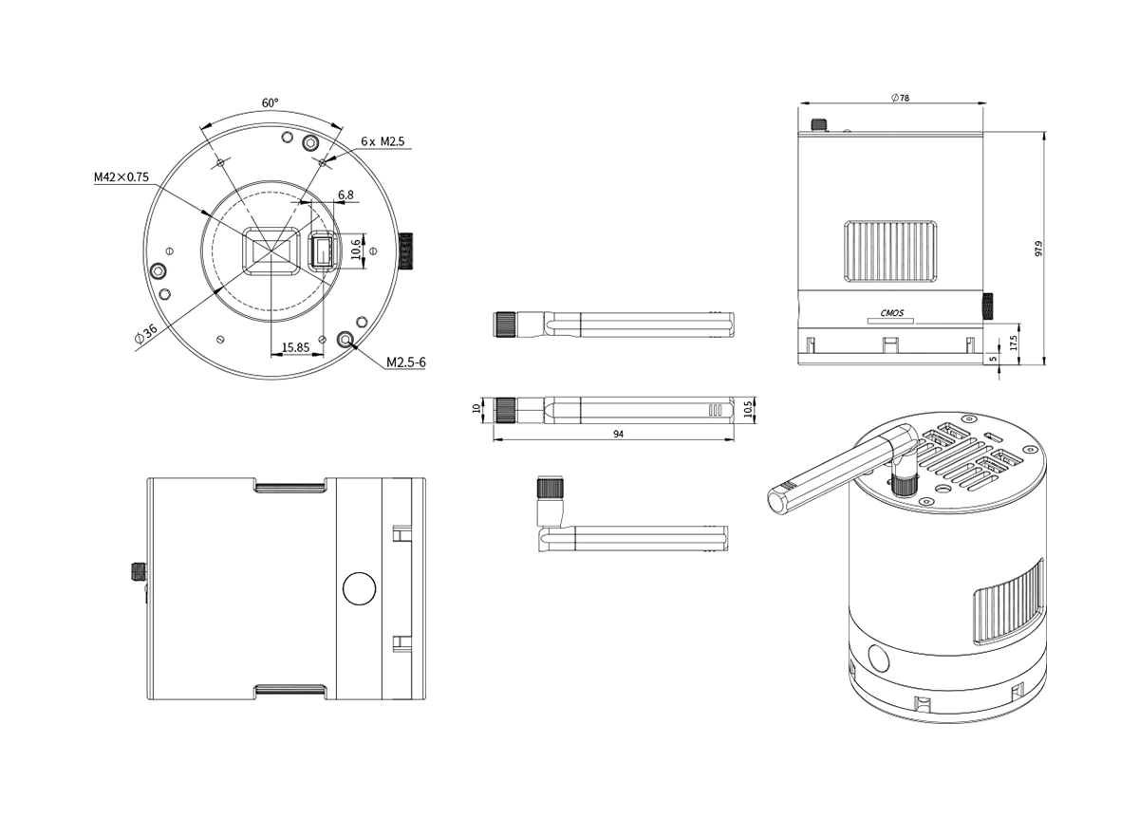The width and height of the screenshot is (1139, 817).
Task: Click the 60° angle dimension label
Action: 270,102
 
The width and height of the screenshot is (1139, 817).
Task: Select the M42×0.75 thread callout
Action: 121,176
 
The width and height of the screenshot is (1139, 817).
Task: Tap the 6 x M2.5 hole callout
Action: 383,141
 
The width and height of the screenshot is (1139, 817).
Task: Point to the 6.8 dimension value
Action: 345,195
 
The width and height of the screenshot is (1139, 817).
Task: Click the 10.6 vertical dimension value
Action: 357,250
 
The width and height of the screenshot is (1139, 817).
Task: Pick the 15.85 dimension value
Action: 295,347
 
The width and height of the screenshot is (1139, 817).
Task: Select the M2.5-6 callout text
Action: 406,362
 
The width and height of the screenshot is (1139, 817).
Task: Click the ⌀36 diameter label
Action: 146,334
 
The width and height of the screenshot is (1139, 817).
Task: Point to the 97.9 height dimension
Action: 1038,248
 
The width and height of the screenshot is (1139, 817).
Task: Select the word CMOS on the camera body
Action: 892,313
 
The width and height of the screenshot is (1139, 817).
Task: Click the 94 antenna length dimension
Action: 618,434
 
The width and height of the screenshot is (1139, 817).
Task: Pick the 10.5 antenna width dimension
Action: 748,409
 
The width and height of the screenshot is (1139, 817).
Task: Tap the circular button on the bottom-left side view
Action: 359,588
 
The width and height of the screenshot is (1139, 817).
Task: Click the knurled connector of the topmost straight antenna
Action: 505,325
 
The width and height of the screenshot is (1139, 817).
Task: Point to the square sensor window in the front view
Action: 271,251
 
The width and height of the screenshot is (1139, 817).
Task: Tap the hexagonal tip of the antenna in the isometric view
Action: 778,500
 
